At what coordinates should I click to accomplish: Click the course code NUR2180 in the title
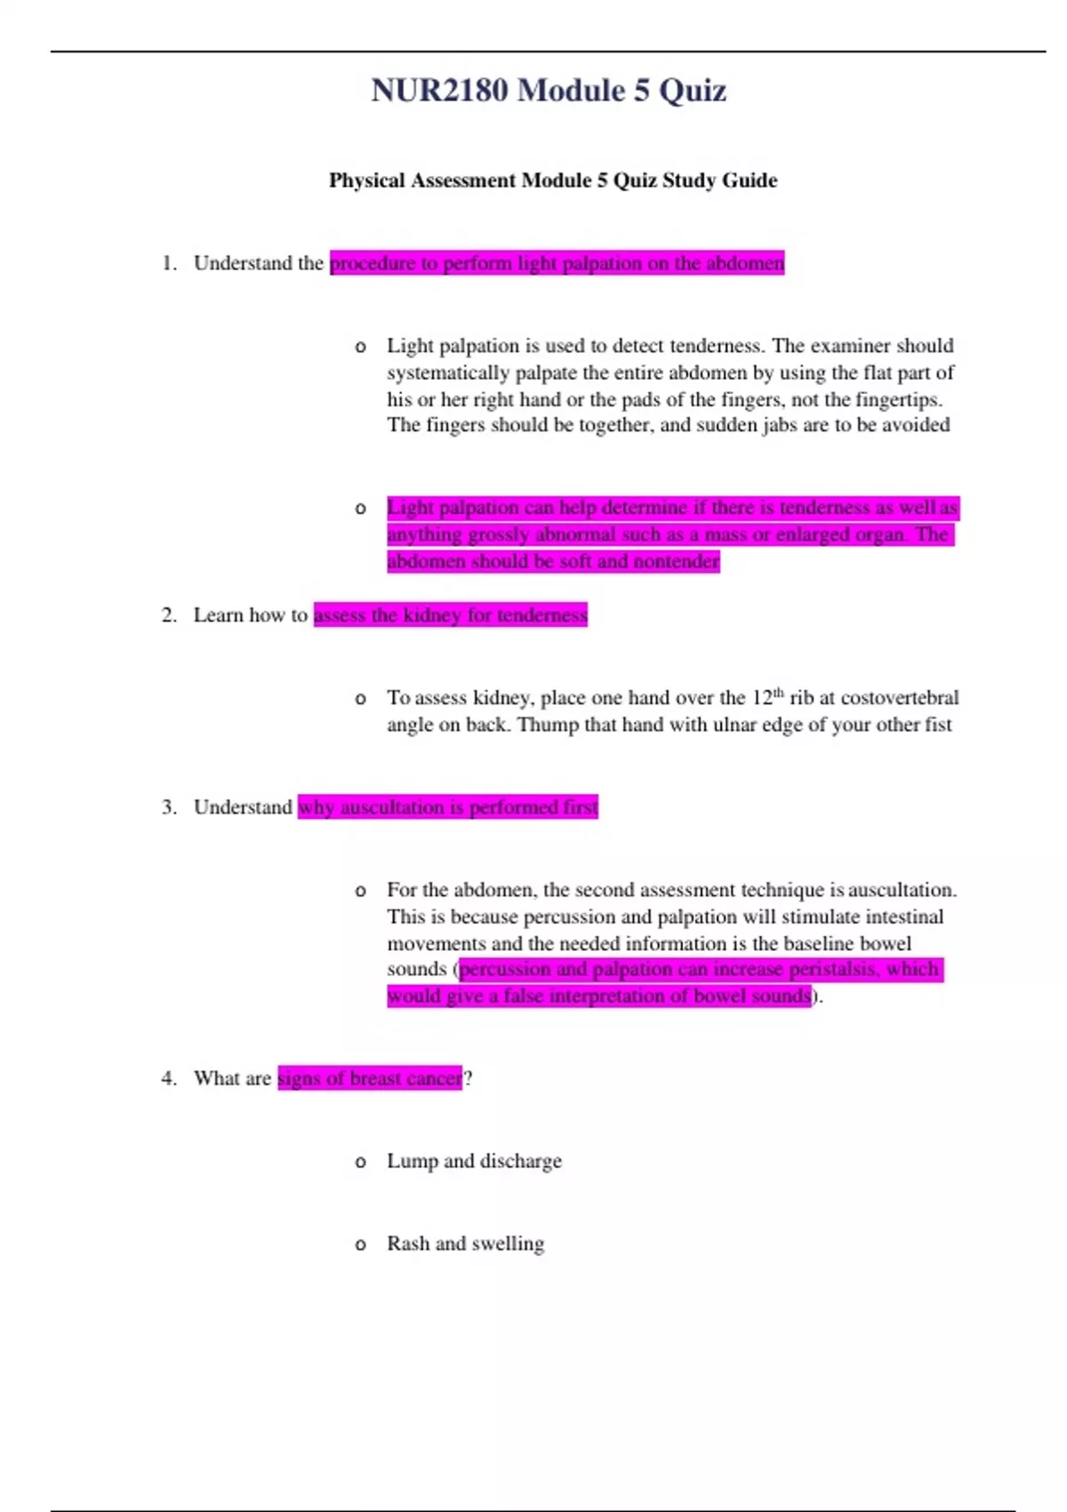tap(439, 91)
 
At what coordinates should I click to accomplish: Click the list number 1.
tap(168, 263)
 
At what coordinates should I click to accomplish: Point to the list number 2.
tap(168, 615)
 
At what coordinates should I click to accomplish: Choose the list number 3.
tap(168, 808)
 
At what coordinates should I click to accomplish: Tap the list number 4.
tap(168, 1079)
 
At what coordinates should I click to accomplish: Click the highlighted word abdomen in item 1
tap(745, 263)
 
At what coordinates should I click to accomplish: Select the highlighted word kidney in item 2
tap(433, 615)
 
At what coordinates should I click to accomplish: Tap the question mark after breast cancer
tap(468, 1079)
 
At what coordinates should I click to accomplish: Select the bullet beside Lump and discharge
tap(360, 1162)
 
